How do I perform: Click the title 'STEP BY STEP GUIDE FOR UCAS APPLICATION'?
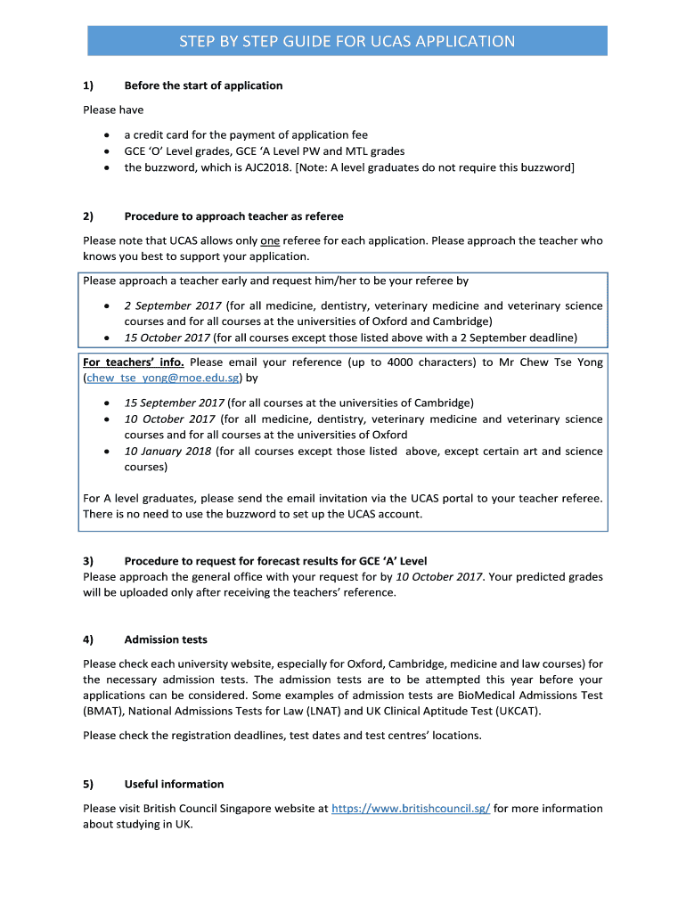point(347,41)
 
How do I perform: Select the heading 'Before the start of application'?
point(203,85)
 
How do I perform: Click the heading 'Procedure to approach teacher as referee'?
point(233,216)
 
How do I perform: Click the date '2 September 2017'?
point(173,305)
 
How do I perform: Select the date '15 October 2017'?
point(167,338)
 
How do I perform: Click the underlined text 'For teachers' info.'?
point(134,362)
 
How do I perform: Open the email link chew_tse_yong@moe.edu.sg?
point(158,378)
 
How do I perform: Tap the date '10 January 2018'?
point(167,452)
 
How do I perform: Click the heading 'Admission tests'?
point(166,639)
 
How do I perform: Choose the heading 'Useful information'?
point(174,785)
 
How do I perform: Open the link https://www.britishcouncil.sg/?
point(410,809)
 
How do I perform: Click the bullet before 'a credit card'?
point(107,135)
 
